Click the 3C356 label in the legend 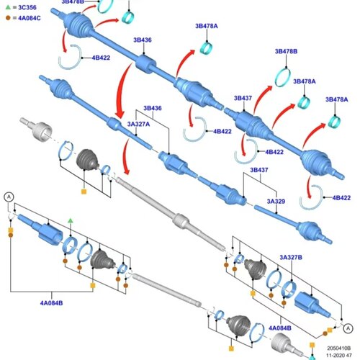coord(27,7)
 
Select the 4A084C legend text coord(30,18)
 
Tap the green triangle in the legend coord(8,7)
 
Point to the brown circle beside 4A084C coord(8,18)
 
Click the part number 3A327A coord(138,124)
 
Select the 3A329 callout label coord(276,201)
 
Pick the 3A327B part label coord(291,257)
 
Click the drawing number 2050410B coord(339,348)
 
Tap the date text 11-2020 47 coord(339,355)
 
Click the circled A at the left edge coord(9,197)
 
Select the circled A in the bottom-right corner coord(348,328)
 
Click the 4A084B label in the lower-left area coord(51,303)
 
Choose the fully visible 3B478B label coord(286,51)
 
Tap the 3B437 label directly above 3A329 coord(259,170)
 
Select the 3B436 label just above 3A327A coord(153,108)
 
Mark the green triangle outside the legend coord(70,220)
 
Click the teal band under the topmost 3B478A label coord(207,48)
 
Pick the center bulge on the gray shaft coord(181,220)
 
